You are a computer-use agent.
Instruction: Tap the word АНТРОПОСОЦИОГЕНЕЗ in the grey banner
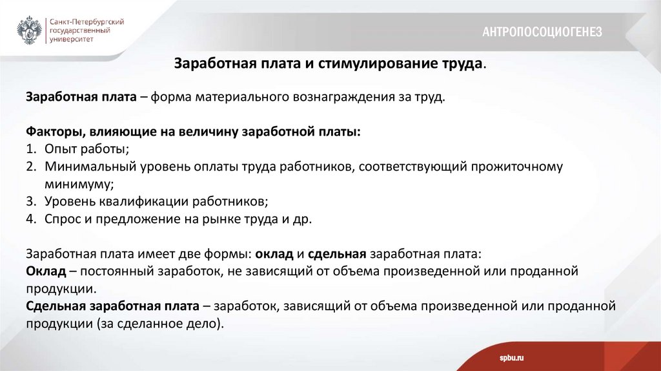point(542,32)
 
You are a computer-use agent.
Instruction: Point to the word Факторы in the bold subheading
point(52,132)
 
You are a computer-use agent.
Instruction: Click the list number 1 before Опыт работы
point(30,149)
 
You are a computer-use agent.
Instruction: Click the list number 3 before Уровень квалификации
point(30,201)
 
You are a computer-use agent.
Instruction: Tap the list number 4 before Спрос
point(30,218)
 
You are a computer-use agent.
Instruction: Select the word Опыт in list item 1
point(58,149)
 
